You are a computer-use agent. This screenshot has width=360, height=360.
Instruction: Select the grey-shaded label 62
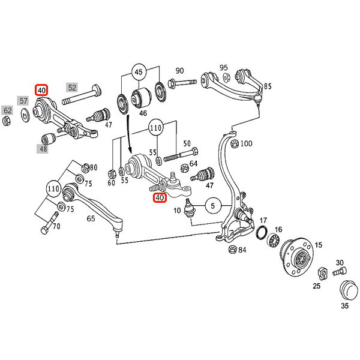[8, 110]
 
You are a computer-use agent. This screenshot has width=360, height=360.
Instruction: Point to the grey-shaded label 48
[44, 148]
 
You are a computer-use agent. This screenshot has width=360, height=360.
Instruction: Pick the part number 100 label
[247, 144]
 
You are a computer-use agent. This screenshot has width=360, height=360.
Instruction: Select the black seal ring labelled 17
[263, 232]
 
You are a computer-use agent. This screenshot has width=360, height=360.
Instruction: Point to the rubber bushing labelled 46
[143, 95]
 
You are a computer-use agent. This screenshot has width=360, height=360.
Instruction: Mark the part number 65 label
[91, 219]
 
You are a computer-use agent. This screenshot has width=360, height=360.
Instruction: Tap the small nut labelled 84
[232, 250]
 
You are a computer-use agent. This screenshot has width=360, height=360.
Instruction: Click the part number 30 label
[340, 262]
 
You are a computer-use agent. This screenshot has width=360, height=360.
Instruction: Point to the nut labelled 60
[112, 175]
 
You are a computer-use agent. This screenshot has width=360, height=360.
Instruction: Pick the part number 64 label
[193, 163]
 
